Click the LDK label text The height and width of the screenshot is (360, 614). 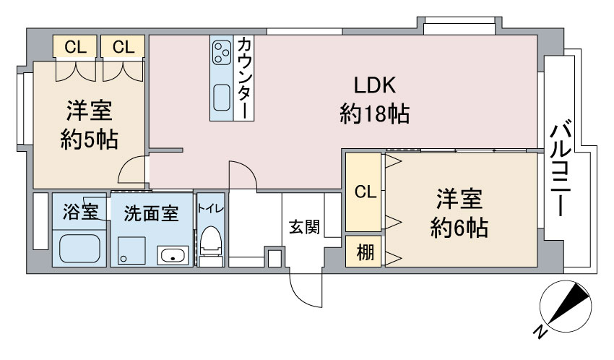tap(375, 85)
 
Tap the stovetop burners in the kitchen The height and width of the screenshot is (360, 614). tap(221, 53)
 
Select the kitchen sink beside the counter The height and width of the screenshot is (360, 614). tap(222, 98)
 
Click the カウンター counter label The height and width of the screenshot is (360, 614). tap(244, 77)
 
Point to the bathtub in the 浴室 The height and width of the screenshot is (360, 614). tap(79, 249)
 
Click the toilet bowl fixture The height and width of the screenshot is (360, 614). tap(211, 241)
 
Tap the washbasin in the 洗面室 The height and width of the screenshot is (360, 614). tap(173, 255)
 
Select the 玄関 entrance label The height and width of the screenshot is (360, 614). tap(304, 227)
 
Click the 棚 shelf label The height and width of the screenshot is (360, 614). tap(365, 252)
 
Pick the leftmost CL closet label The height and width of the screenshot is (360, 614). tap(75, 47)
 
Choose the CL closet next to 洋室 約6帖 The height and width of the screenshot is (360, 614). tap(366, 192)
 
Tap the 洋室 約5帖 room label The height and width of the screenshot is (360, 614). tap(90, 125)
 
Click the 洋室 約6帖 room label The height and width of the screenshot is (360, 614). tap(459, 213)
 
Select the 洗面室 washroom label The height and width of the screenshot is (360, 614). tap(151, 214)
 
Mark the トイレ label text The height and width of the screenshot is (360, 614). tap(211, 208)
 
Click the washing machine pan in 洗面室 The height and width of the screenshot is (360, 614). tap(131, 250)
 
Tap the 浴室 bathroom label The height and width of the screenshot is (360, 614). tap(80, 212)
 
